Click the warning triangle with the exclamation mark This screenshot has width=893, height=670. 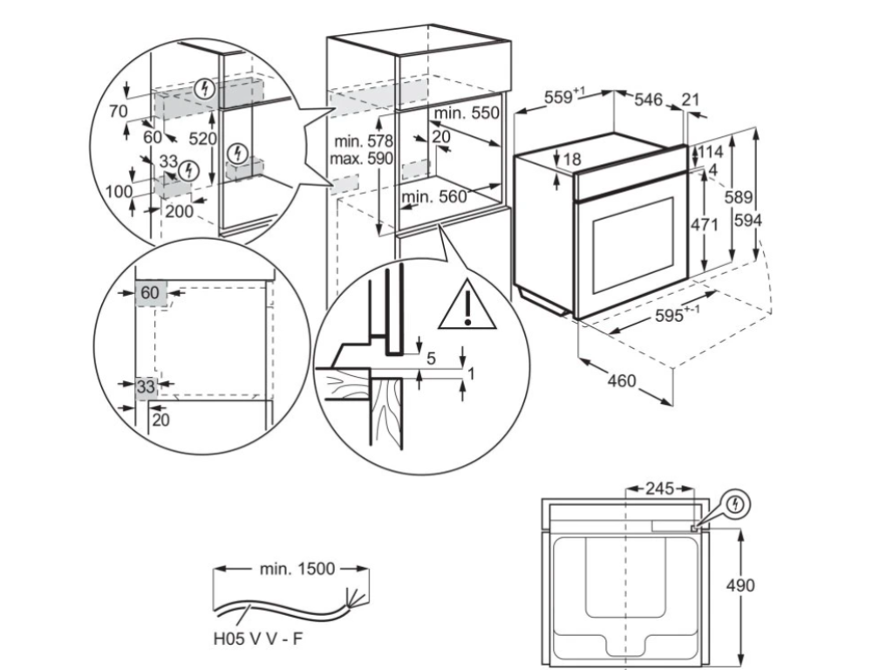(467, 306)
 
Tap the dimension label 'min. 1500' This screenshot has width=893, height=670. (297, 569)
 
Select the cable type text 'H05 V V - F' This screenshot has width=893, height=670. (258, 638)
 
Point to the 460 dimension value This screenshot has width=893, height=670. (622, 381)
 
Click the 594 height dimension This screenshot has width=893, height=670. (747, 222)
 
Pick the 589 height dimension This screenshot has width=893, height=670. (742, 199)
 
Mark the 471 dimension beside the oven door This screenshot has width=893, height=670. (704, 225)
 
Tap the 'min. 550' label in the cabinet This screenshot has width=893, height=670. (467, 113)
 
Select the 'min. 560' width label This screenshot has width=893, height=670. (434, 197)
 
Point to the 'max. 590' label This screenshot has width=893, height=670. (361, 158)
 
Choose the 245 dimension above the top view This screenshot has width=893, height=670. (659, 489)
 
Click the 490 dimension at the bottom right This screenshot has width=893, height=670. (741, 585)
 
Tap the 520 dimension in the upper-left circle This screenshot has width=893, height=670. (202, 138)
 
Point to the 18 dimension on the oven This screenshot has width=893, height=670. (571, 159)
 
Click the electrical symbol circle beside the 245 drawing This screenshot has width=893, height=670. (738, 504)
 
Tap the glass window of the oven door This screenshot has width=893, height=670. (632, 246)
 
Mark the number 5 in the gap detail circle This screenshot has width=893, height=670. (431, 357)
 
